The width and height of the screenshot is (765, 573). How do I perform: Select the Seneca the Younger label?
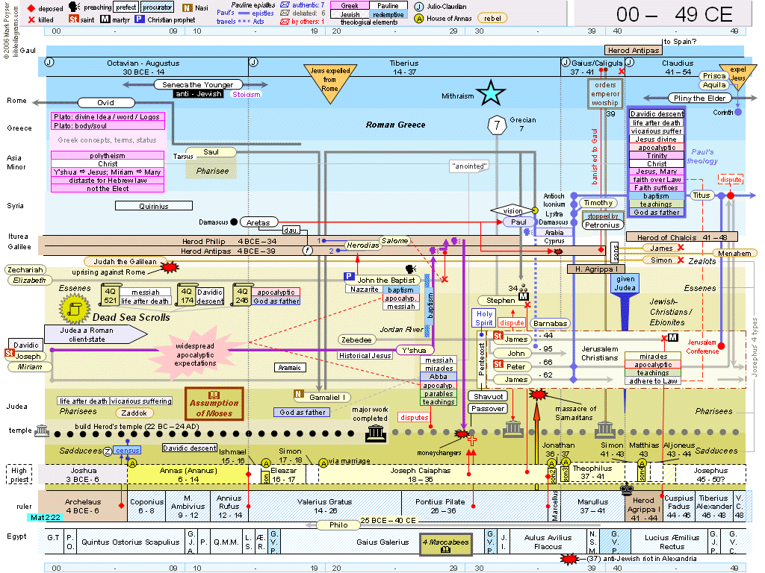click(198, 85)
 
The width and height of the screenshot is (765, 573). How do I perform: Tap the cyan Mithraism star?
click(491, 94)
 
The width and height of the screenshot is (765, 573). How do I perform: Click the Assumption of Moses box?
click(214, 403)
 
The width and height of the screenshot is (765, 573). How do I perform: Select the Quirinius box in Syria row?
click(153, 206)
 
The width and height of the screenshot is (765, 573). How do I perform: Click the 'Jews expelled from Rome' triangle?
click(329, 81)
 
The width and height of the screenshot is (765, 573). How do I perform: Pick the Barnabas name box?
click(551, 324)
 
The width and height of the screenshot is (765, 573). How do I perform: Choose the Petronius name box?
click(602, 225)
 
